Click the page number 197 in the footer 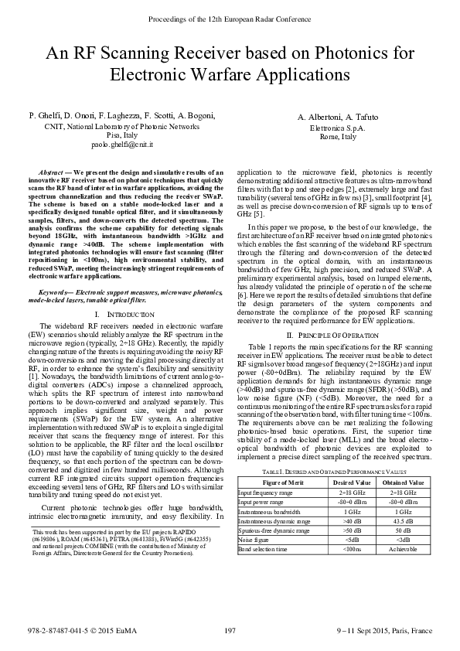coord(229,632)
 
